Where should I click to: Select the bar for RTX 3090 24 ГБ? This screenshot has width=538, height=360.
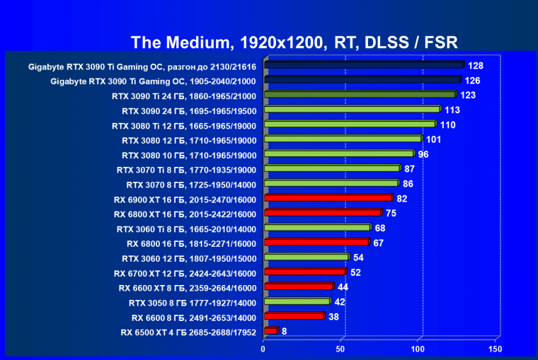[352, 110]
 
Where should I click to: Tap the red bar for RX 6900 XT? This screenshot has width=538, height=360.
[328, 198]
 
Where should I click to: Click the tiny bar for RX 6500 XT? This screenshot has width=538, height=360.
[270, 331]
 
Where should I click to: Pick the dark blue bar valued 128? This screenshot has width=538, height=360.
[364, 65]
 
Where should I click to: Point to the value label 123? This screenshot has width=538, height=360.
[467, 95]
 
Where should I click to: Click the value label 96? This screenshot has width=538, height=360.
[423, 154]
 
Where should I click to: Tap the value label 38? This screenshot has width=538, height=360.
[333, 316]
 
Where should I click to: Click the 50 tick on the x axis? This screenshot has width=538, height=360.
[340, 349]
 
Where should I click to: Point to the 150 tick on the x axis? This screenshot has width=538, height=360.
[495, 349]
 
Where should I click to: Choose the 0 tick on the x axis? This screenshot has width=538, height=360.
[263, 349]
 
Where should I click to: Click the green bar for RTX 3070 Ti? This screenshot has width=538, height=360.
[332, 169]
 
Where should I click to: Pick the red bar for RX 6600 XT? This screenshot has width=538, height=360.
[298, 287]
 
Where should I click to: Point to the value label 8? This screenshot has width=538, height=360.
[284, 330]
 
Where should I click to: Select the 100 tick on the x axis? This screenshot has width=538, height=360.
[418, 349]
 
